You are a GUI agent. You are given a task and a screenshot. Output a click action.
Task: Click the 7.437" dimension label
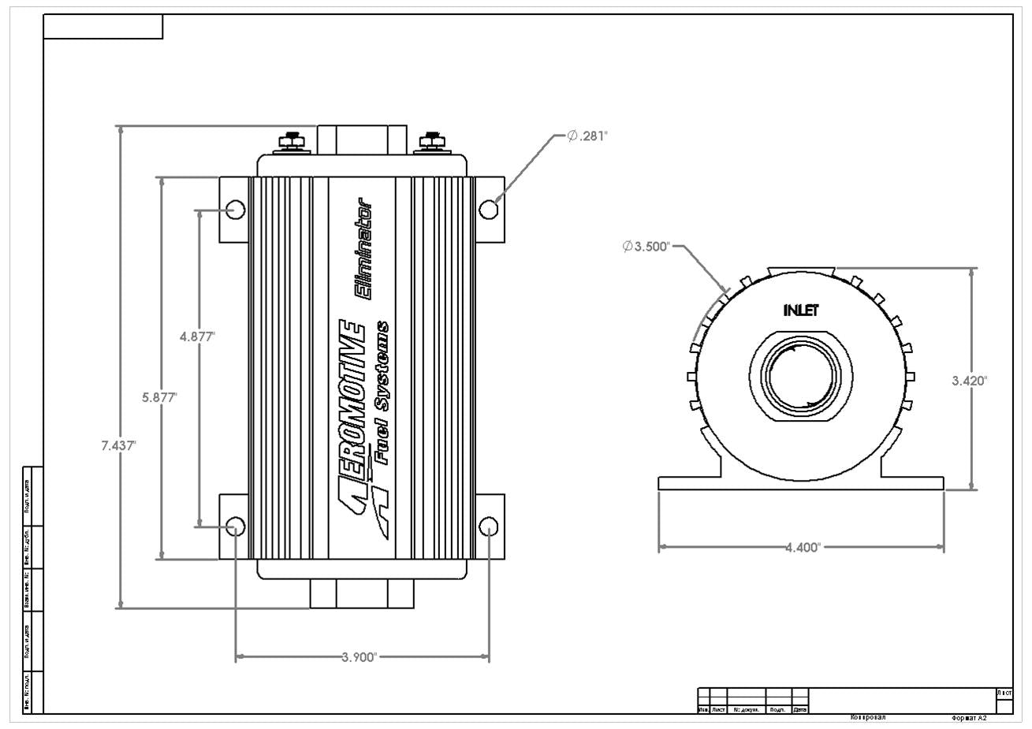click(118, 445)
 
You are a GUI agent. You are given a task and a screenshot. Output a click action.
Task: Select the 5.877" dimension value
click(159, 397)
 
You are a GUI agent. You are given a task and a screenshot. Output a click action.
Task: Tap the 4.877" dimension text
click(197, 337)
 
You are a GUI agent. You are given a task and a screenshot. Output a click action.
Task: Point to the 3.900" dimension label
click(362, 657)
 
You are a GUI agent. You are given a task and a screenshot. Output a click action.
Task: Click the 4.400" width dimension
click(803, 547)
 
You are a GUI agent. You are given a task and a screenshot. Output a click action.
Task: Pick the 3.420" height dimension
click(970, 381)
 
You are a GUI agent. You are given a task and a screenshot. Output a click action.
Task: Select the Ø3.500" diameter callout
click(646, 247)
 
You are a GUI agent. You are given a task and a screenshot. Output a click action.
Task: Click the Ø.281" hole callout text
click(587, 136)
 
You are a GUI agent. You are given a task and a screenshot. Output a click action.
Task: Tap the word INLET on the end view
click(801, 311)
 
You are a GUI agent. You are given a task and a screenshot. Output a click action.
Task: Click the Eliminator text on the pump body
click(365, 254)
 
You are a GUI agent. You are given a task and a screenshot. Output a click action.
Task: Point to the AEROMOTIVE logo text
click(352, 418)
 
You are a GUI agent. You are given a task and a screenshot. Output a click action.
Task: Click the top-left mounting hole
click(235, 209)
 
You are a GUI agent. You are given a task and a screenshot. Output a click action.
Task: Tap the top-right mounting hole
click(489, 209)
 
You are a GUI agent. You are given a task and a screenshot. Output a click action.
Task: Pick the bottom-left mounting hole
click(235, 526)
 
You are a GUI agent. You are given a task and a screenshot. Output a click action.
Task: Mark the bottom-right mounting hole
click(489, 526)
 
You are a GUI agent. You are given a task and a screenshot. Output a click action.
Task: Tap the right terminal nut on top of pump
click(431, 142)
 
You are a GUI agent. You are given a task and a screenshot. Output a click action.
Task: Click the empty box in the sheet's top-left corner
click(103, 26)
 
